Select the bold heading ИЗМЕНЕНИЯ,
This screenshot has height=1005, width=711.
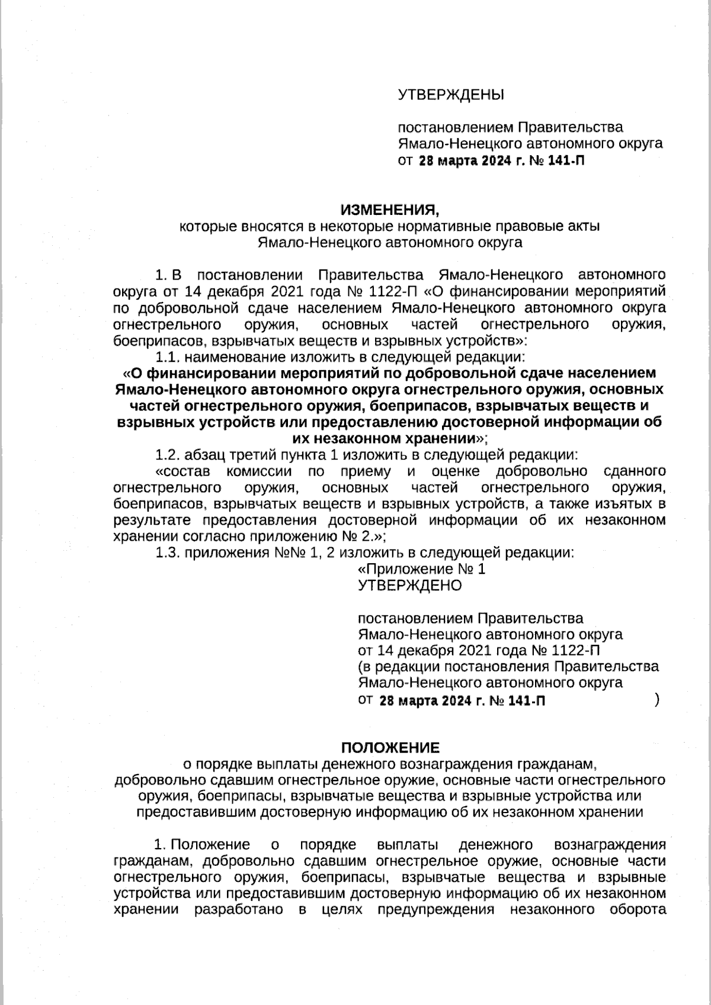click(390, 210)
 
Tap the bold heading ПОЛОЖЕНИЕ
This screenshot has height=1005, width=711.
click(390, 747)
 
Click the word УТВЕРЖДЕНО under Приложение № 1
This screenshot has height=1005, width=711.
click(410, 586)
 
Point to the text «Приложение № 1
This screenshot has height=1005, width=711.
click(422, 570)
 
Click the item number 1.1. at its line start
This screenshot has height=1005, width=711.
click(168, 357)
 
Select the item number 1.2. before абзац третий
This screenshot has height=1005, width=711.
click(168, 455)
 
